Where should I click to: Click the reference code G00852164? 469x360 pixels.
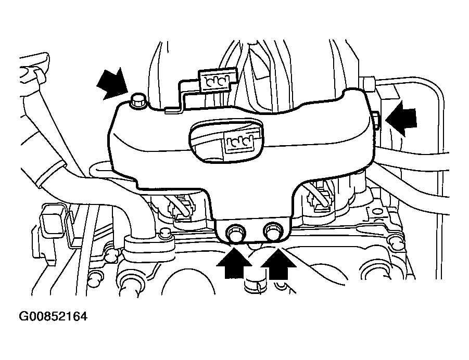(53, 316)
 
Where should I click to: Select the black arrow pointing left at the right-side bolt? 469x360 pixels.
(401, 119)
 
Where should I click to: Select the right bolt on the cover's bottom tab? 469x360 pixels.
(273, 231)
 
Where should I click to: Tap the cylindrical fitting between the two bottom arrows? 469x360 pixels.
(254, 285)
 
